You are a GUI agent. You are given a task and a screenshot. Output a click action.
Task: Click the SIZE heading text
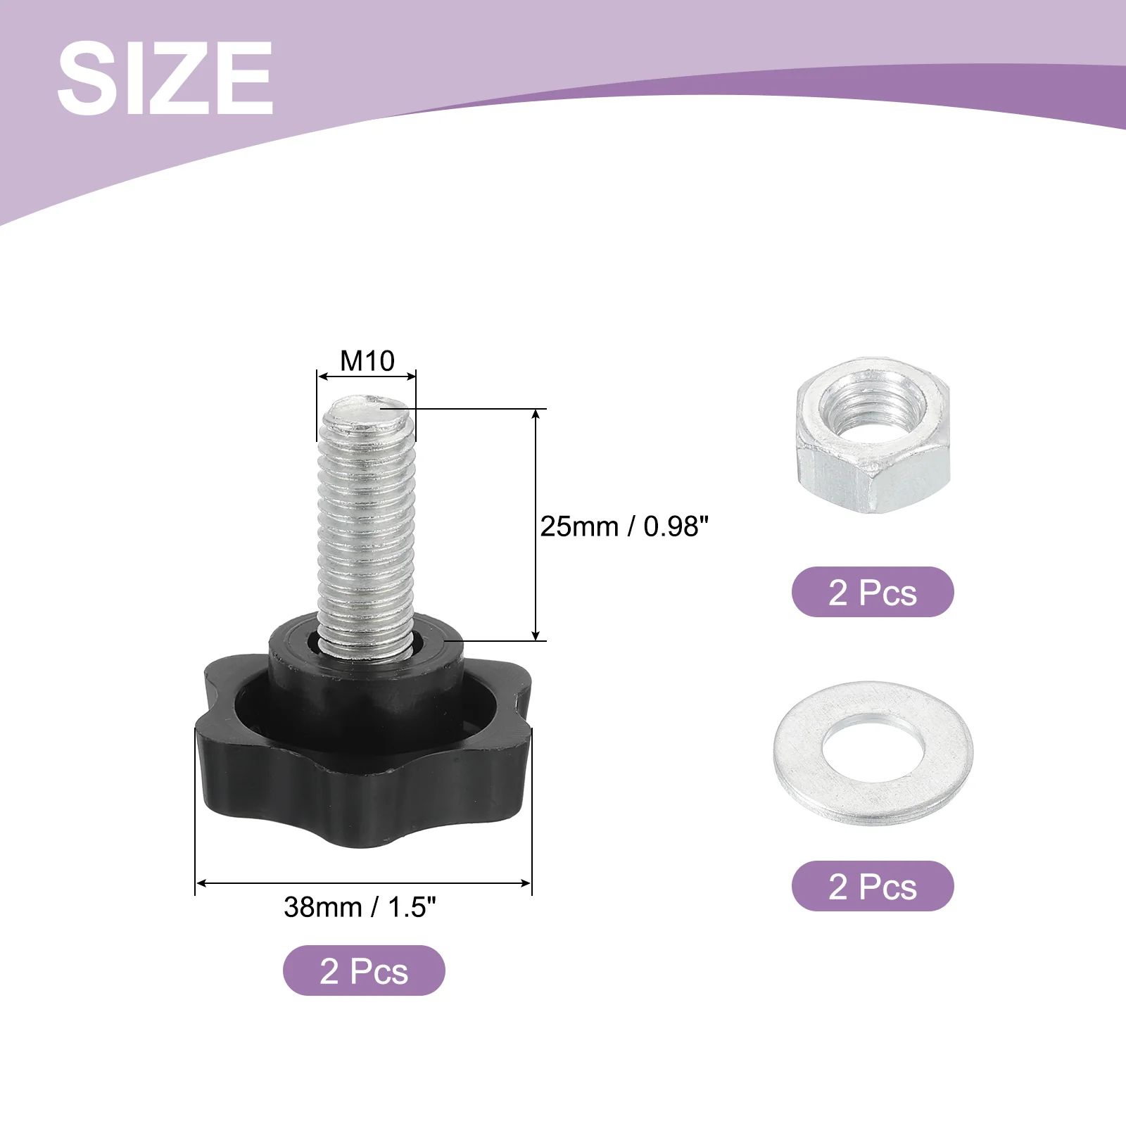click(165, 77)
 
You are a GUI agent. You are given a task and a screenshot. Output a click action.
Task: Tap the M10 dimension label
click(367, 361)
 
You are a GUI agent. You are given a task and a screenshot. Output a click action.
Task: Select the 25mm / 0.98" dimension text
click(624, 526)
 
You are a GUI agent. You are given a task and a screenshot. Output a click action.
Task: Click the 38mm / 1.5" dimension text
click(360, 907)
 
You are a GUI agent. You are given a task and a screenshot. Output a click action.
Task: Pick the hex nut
click(873, 436)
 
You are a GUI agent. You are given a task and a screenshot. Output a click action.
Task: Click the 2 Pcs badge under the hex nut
click(873, 592)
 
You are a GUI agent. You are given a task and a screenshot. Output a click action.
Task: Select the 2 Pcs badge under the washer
click(873, 886)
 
